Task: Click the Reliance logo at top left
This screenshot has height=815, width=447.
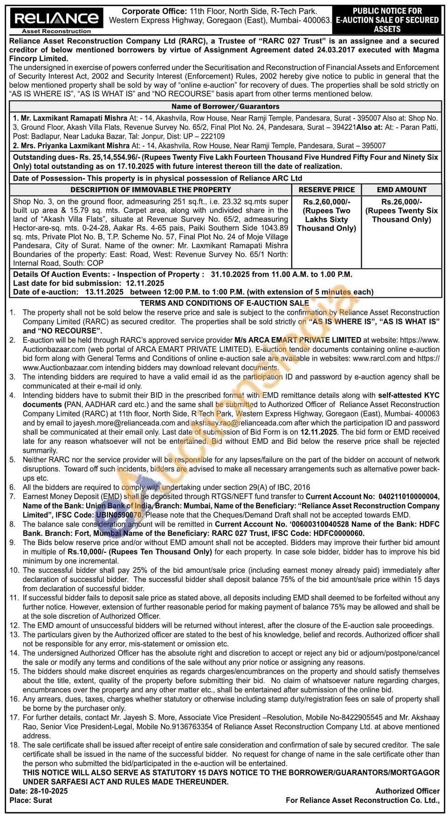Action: pos(56,19)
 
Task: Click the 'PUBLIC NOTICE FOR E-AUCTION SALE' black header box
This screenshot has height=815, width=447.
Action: pos(387,20)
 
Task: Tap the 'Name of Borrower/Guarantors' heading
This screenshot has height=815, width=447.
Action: pos(225,106)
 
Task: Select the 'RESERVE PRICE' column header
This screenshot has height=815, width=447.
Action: pos(326,190)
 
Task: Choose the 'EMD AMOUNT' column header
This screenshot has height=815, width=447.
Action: pos(401,190)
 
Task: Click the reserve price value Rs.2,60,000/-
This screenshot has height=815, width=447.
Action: pos(326,202)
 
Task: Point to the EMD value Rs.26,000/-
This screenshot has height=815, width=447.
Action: pos(401,202)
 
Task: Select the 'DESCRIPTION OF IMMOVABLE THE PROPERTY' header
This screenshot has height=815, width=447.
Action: pos(151,190)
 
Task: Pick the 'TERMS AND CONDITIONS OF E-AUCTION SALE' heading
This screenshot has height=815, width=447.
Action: pos(224,303)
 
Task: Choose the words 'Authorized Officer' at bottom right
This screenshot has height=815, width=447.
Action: pos(407,791)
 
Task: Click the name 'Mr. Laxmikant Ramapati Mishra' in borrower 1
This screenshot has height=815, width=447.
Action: pos(74,119)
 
